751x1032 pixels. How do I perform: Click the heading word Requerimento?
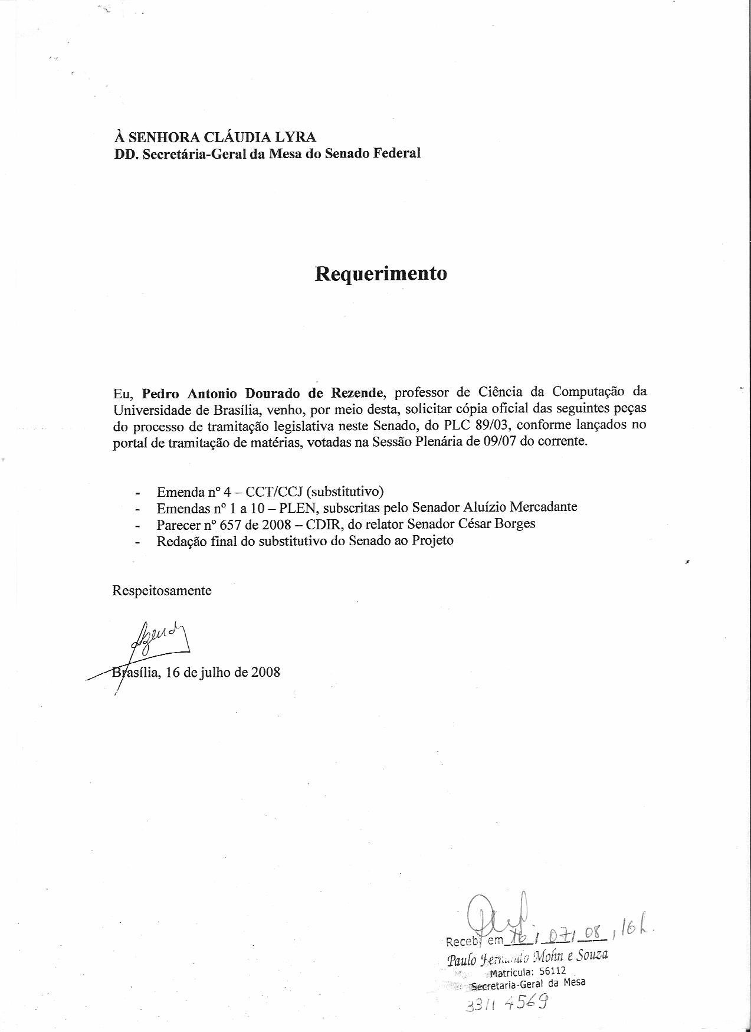coord(381,274)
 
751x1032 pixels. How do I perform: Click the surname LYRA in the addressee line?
coord(294,137)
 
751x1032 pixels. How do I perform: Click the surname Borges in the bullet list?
coord(515,523)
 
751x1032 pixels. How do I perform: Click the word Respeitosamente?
coord(162,590)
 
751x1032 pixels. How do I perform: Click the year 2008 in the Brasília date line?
coord(265,672)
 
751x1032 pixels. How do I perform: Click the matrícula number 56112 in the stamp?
coord(553,969)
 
